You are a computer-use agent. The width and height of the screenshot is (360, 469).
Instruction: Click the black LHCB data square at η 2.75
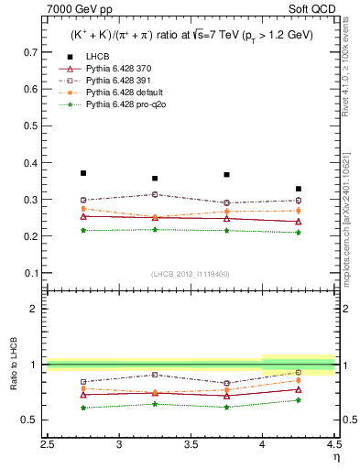[83, 173]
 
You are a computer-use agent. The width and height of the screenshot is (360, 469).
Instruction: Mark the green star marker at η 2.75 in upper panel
[83, 230]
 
